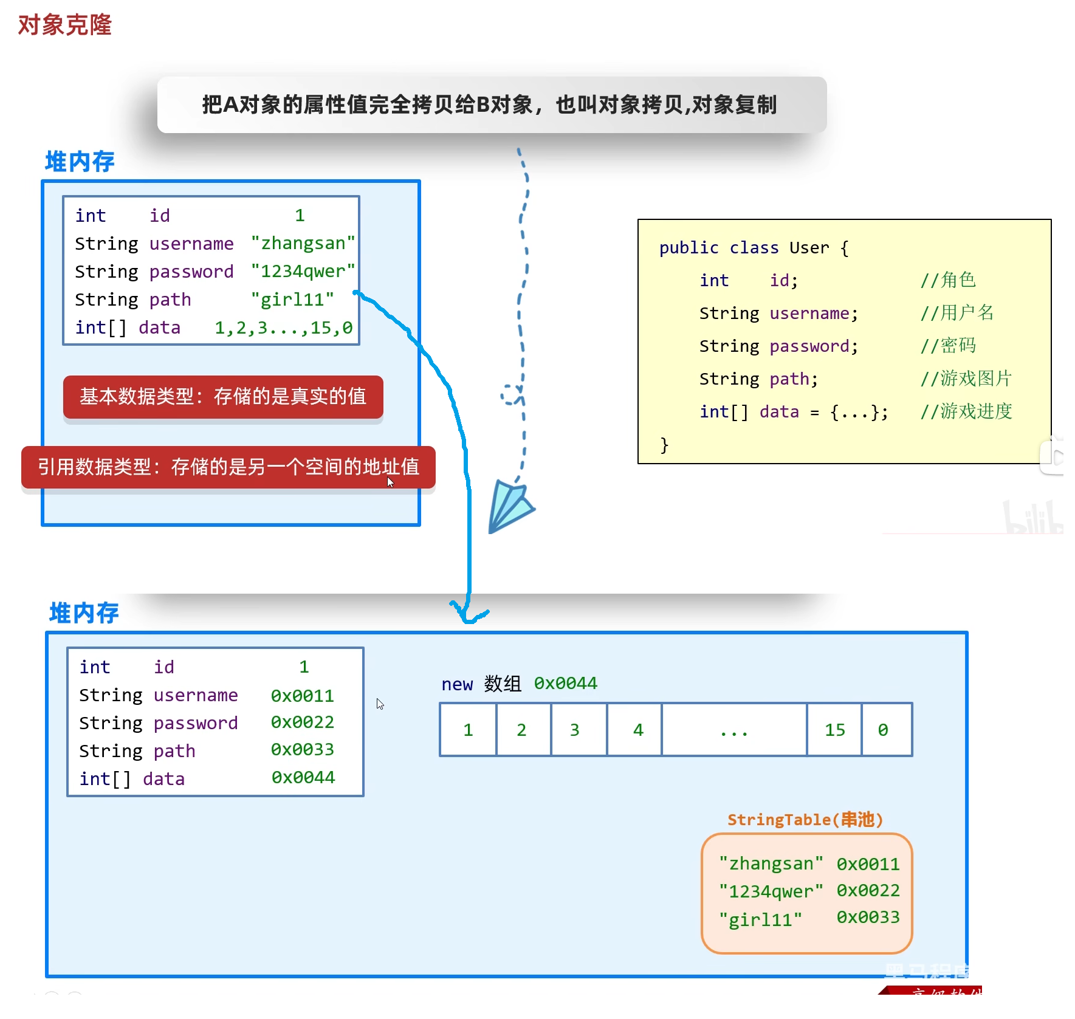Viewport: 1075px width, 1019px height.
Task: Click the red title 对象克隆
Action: tap(64, 25)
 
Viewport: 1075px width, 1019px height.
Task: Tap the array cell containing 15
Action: tap(834, 730)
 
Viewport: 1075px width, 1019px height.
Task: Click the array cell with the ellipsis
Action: tap(734, 730)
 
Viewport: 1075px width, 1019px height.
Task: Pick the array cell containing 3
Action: tap(575, 730)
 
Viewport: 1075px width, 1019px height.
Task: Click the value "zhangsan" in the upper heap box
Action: tap(303, 243)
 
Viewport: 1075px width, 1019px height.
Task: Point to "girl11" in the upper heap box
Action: tap(292, 300)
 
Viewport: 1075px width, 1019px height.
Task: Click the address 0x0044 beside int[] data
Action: tap(303, 777)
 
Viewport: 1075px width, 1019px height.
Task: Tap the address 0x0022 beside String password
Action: tap(303, 722)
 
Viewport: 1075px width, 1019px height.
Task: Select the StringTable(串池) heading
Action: tap(805, 820)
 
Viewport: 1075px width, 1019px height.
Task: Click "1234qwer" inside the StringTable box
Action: tap(771, 891)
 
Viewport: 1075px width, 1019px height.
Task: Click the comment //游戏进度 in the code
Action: tap(966, 411)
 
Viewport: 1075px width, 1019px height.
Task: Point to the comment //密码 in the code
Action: tap(948, 346)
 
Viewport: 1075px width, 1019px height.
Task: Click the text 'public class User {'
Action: tap(754, 248)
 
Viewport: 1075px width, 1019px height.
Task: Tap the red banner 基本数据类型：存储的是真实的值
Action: tap(223, 397)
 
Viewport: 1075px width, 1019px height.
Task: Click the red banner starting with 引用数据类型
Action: tap(228, 467)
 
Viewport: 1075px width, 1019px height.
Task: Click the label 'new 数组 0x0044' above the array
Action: tap(519, 684)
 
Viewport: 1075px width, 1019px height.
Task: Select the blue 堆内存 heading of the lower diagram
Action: tap(84, 613)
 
